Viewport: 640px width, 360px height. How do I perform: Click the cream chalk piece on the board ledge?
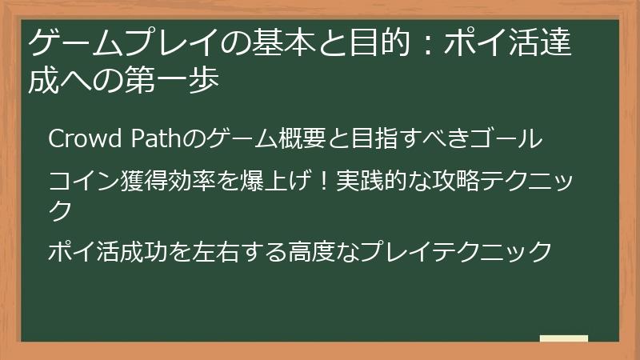coord(563,338)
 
